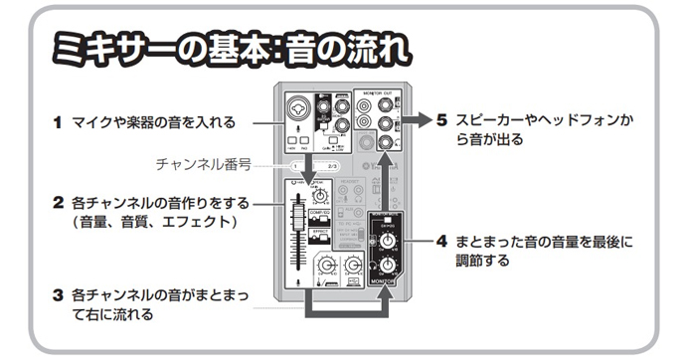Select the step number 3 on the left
pyautogui.click(x=58, y=295)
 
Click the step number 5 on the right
pyautogui.click(x=442, y=120)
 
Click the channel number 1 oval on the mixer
pyautogui.click(x=294, y=164)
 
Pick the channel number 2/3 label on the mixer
pyautogui.click(x=333, y=164)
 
